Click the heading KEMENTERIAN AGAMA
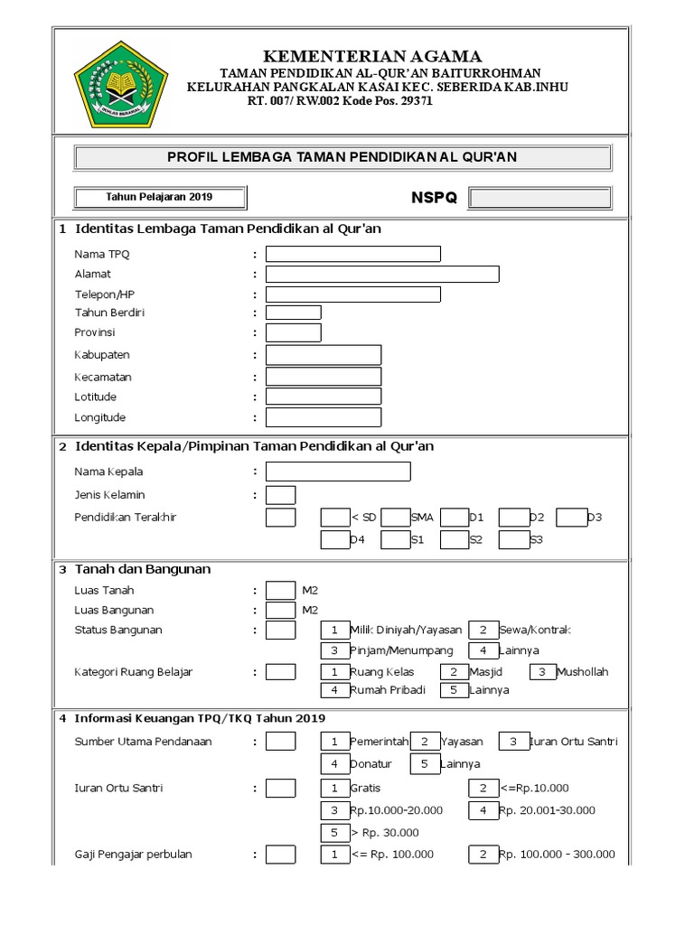click(x=372, y=56)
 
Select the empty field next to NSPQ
click(x=540, y=198)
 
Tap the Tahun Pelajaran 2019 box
click(x=160, y=197)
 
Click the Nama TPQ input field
click(x=353, y=254)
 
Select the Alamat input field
click(x=382, y=274)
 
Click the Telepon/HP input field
click(x=353, y=294)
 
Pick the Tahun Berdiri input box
click(x=294, y=313)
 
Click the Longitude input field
click(x=324, y=417)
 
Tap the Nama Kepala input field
click(x=338, y=472)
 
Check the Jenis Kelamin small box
click(x=281, y=495)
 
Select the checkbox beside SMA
click(x=395, y=518)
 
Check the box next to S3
click(x=513, y=540)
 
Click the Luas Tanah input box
click(x=281, y=591)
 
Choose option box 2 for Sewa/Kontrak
click(x=483, y=630)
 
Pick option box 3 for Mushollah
click(x=542, y=671)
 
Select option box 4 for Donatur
click(x=334, y=763)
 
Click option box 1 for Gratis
click(x=334, y=788)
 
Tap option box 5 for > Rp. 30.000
click(x=334, y=832)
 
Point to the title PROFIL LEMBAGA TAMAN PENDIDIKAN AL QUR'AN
click(x=342, y=157)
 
